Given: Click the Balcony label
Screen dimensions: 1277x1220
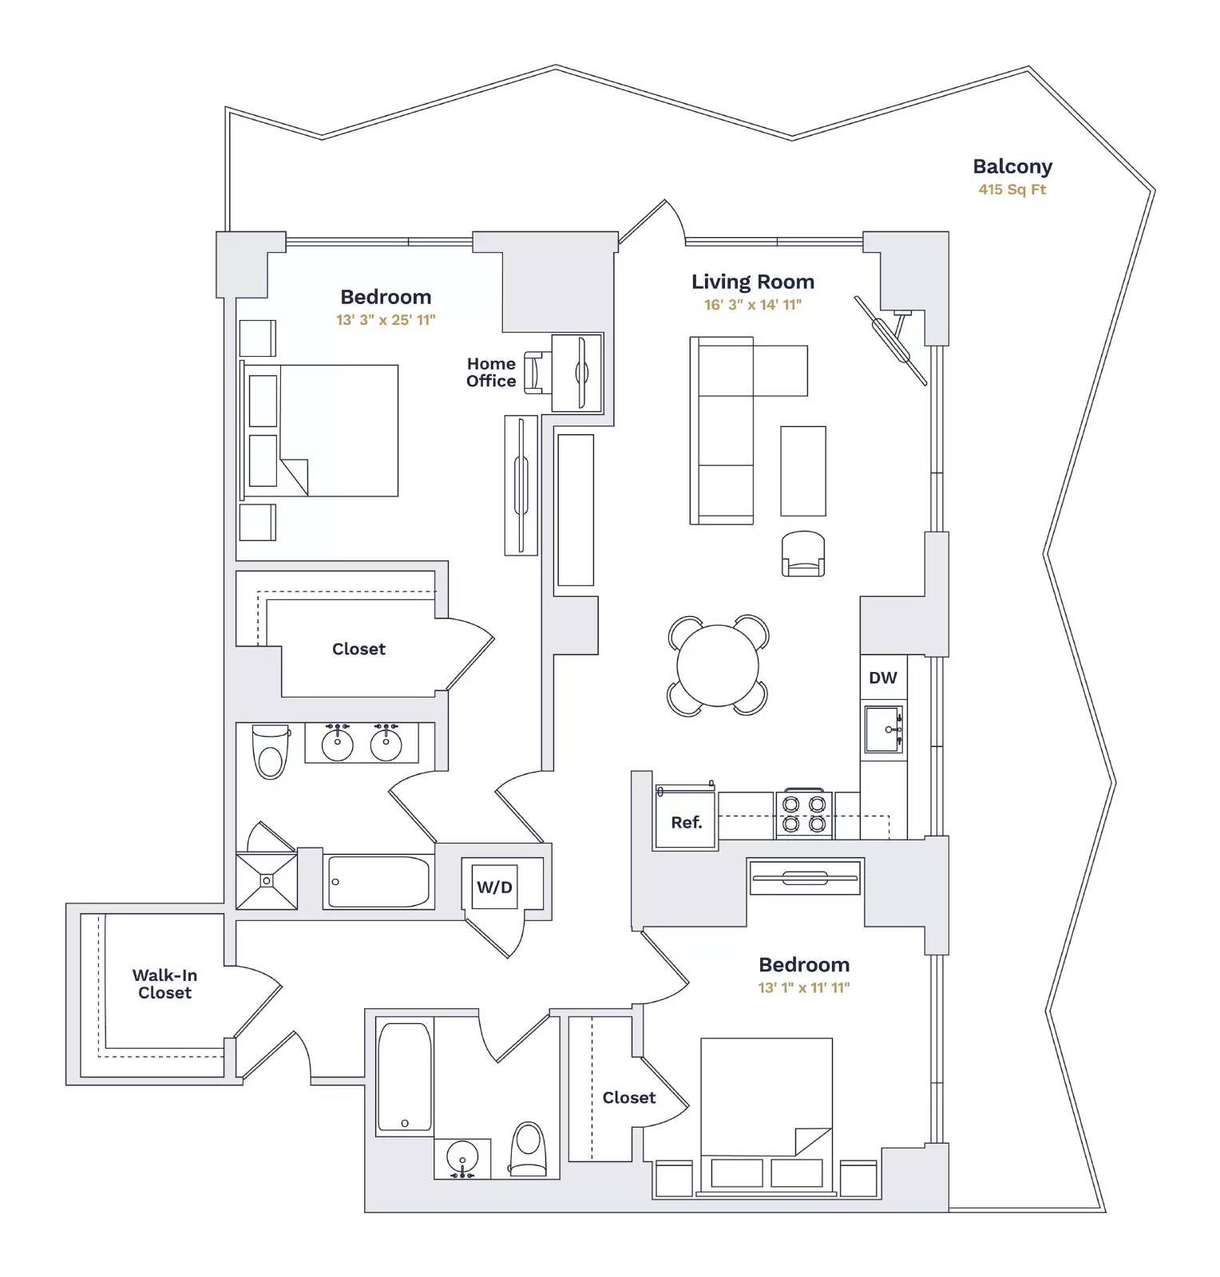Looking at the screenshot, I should coord(1012,167).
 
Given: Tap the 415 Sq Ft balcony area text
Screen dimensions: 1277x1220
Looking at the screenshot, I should coord(1012,190).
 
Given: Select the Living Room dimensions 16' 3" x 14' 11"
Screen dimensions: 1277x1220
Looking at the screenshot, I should coord(752,305).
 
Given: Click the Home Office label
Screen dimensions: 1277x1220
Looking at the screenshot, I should coord(491,373).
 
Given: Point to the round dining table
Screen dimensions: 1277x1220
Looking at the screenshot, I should coord(718,666).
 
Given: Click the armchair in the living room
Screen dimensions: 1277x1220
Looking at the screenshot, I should coord(803,554).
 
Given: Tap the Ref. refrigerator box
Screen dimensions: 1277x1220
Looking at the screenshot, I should coord(686,821).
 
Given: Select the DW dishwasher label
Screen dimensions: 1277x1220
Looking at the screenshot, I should coord(883,678).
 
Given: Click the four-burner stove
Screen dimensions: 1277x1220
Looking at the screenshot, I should coord(804,814).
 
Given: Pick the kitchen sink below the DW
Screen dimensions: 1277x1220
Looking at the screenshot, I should coord(884,729).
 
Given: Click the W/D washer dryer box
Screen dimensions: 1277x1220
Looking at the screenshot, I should coord(495,887).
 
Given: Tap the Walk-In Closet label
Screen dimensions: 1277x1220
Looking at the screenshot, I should coord(164,984).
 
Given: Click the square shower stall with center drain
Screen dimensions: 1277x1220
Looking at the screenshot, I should coord(267,881).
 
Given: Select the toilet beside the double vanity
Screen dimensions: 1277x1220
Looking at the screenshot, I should coord(271,751).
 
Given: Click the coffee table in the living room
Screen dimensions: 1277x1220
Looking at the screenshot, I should coord(803,471).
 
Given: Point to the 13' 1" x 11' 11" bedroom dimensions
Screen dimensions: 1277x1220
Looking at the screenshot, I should coord(803,988).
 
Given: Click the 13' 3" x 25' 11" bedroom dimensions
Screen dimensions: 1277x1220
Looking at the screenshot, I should coord(386,320).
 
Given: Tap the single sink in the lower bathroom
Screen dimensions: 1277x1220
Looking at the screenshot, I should coord(462,1157).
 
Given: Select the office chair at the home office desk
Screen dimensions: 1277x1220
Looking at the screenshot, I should coord(534,373).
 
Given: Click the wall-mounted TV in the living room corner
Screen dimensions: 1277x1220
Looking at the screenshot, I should coord(890,340).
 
